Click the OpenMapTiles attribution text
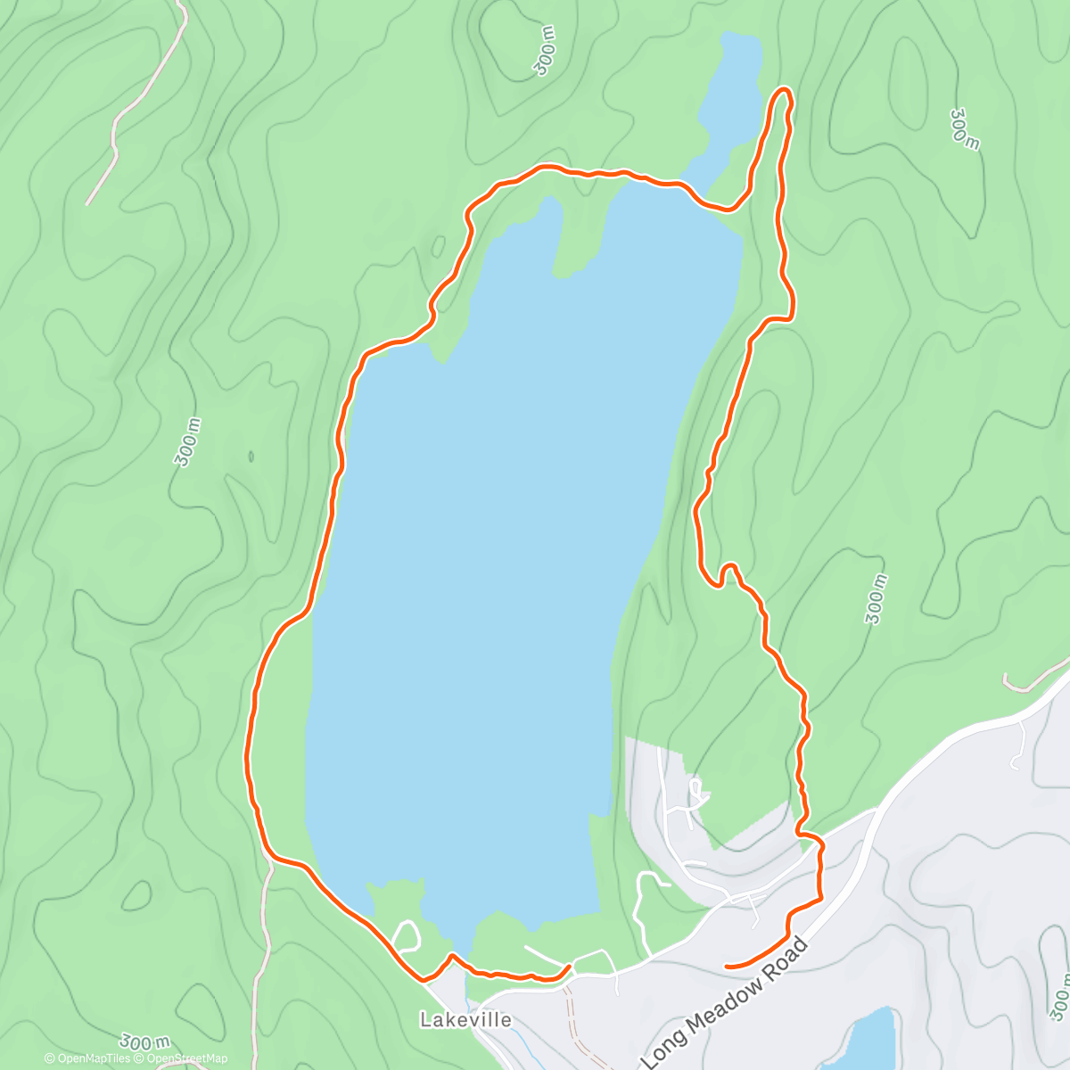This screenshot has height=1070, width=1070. click(x=94, y=1058)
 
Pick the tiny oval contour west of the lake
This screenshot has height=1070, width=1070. click(x=251, y=457)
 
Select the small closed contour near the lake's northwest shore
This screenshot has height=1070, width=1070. click(x=438, y=245)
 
